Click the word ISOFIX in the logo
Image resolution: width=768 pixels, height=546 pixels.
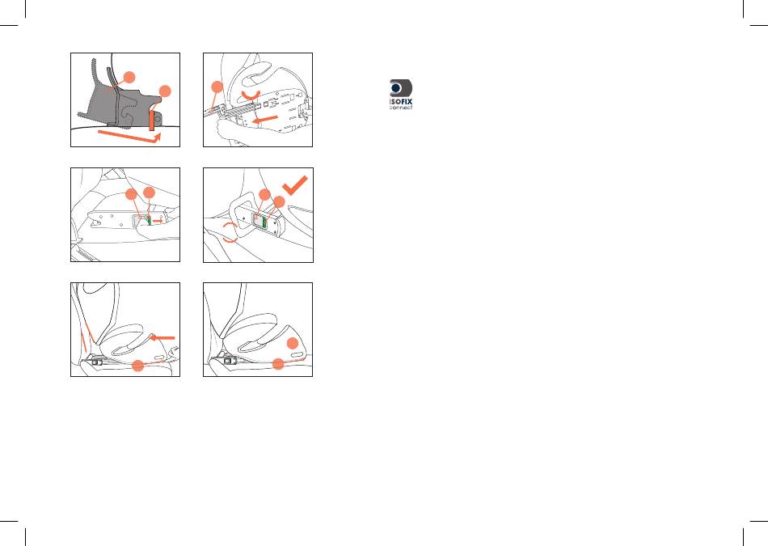[x=401, y=102]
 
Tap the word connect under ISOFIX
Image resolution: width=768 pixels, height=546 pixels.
[x=401, y=108]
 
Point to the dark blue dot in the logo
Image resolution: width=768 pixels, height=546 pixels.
[x=396, y=88]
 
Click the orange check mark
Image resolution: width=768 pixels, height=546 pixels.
[x=295, y=185]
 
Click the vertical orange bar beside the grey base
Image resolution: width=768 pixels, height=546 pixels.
[x=152, y=121]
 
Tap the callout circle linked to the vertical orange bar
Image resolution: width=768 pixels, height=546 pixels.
[x=165, y=91]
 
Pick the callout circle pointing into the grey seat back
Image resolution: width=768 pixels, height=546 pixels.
[x=129, y=77]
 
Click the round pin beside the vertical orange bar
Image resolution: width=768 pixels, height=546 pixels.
[x=158, y=119]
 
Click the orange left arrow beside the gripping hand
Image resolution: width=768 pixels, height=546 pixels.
[x=264, y=119]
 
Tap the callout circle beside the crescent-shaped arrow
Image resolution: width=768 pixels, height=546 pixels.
[x=217, y=87]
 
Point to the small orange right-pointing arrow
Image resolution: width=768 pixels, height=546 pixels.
[x=158, y=221]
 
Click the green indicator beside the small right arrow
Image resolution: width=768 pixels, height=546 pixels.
[x=149, y=221]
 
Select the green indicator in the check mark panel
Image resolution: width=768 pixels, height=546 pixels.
[x=264, y=224]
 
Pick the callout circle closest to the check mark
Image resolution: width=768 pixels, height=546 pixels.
[x=279, y=201]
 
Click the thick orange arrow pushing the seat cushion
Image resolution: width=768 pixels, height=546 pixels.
[x=162, y=337]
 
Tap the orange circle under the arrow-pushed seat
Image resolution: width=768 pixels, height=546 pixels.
[x=138, y=365]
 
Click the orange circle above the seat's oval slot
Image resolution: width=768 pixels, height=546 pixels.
[x=293, y=343]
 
